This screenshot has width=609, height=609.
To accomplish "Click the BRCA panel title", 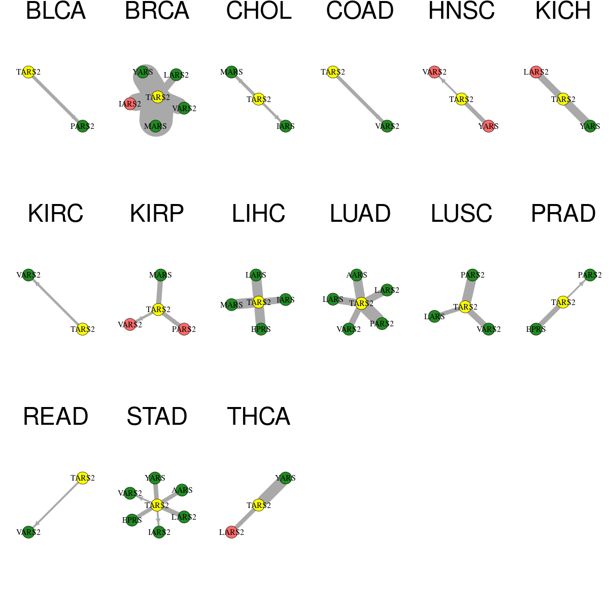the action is [157, 11].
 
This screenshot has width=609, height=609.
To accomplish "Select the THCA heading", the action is [258, 417].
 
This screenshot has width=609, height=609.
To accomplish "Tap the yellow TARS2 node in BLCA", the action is [28, 72].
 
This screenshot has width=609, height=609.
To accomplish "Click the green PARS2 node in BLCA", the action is [83, 126].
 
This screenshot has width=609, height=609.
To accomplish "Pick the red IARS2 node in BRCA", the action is [130, 104].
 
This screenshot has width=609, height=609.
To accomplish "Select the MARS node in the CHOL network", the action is [231, 72].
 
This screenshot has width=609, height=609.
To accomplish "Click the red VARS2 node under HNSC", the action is [434, 72].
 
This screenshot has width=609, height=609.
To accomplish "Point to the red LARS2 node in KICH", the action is [536, 72].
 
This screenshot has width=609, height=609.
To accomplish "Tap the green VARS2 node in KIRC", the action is [28, 275].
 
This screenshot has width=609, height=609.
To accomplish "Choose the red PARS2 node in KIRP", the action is [184, 329].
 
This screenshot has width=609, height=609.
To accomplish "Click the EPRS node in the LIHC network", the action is [261, 329].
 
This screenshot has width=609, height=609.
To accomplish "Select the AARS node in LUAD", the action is [356, 275].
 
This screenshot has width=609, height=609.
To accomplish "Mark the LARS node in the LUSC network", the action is [434, 316].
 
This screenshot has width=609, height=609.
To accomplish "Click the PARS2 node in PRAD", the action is [590, 275].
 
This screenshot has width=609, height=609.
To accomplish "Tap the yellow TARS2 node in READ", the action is [83, 478].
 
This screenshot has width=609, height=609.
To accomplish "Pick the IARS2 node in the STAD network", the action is [159, 532].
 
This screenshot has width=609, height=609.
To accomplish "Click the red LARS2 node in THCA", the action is [231, 532].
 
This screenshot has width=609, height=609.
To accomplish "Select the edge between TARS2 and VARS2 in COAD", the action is [360, 99].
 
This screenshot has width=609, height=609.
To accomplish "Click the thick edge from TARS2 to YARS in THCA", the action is [272, 491].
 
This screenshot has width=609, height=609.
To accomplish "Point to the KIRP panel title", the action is [157, 214].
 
